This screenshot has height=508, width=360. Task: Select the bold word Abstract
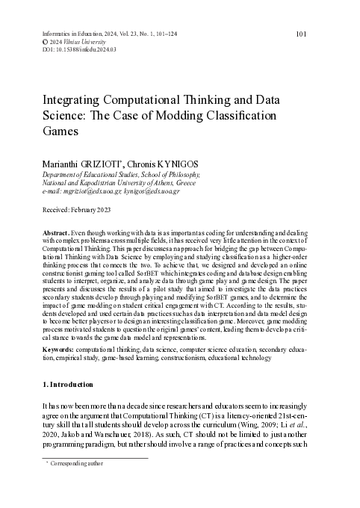(x=58, y=232)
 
